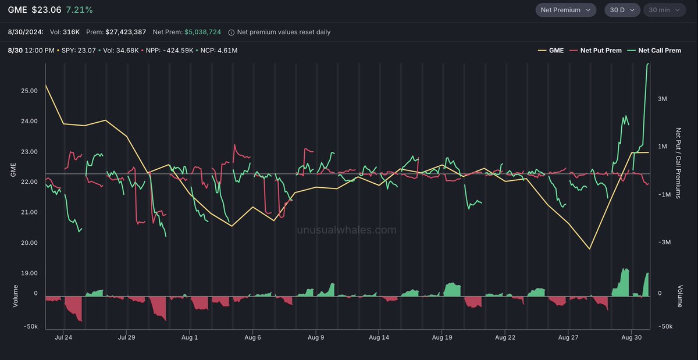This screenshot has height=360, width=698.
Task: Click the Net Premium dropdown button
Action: [565, 10]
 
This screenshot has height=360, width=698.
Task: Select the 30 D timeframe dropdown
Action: [622, 10]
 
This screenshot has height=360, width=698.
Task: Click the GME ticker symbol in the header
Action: [17, 10]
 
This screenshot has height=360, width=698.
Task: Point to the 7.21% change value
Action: [79, 10]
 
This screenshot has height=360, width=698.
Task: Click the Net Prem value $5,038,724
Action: [202, 32]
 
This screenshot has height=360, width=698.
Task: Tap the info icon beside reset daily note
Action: [232, 33]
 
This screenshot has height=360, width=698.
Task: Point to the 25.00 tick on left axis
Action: [29, 91]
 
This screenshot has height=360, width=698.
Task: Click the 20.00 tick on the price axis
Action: [29, 243]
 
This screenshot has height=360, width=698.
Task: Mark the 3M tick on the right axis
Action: [662, 99]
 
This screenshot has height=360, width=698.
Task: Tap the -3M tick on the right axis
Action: [663, 243]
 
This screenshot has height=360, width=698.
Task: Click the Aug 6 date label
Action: [252, 337]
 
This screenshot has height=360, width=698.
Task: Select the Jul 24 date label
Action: [63, 337]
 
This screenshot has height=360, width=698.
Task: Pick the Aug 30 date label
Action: [631, 337]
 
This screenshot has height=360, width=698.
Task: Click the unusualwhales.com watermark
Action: [347, 230]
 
